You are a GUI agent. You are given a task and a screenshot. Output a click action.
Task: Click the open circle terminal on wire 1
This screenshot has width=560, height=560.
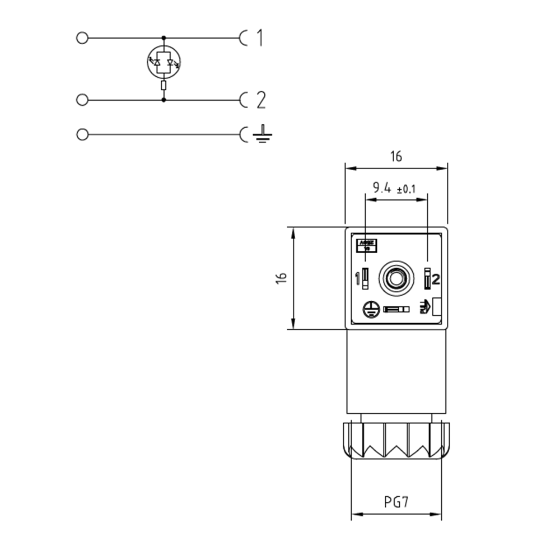pos(82,38)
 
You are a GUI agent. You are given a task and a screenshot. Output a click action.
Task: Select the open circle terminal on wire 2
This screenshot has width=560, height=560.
pos(82,100)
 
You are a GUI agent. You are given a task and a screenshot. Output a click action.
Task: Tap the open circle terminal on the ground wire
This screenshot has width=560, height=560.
pos(82,134)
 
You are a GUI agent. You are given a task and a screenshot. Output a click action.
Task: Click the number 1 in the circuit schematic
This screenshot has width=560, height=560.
pos(259,38)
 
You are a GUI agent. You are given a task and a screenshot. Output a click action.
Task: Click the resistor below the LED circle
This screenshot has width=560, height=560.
pos(164,86)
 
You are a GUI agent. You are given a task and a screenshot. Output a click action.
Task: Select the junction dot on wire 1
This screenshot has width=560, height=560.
pos(164,38)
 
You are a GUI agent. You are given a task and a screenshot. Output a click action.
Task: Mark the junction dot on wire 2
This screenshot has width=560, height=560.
pos(164,100)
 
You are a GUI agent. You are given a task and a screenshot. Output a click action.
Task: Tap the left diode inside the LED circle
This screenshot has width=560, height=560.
pos(157,63)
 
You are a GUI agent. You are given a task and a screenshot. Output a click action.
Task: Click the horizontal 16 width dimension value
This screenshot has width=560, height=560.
pos(396,157)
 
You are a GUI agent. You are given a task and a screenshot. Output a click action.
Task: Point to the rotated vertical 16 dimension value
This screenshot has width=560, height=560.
pos(282,278)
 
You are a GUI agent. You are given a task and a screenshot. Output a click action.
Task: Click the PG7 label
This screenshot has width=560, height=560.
pos(396,502)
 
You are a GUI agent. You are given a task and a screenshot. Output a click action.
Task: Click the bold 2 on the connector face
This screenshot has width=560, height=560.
pos(437,279)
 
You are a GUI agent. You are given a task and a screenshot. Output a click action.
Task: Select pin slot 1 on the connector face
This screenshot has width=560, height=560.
pos(365,278)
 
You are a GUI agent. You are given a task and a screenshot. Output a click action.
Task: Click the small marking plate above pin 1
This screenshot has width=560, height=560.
pos(367,245)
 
